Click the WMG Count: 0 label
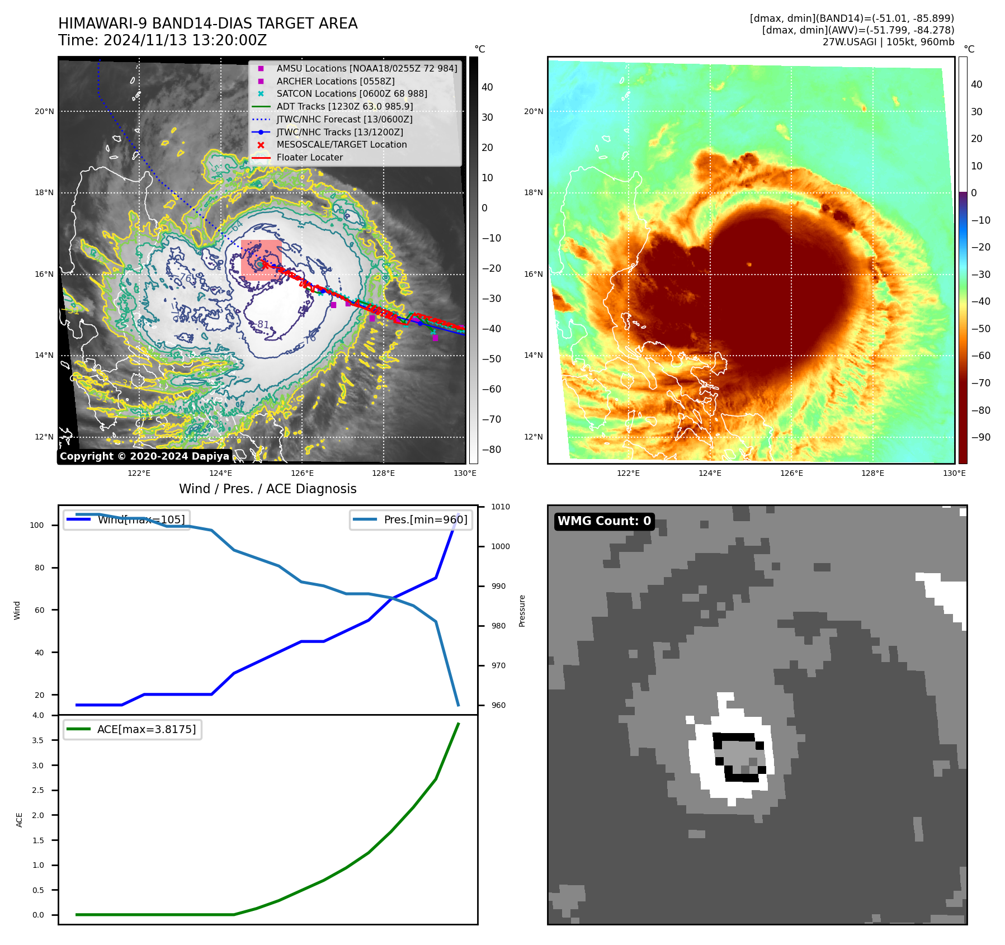pos(604,521)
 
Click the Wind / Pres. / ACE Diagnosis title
pos(267,489)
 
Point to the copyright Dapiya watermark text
pos(144,456)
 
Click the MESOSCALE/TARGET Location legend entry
pos(341,144)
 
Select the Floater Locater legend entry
pos(309,157)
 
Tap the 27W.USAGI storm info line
pos(888,41)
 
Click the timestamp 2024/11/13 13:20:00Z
pos(185,40)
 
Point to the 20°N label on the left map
pos(44,111)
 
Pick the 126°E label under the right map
pos(791,473)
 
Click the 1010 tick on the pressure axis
pos(501,507)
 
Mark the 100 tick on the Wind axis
pos(37,525)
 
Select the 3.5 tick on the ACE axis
pos(37,740)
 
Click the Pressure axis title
pos(522,611)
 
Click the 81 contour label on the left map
pos(263,324)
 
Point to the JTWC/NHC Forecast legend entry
pos(344,119)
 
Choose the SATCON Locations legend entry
pos(351,93)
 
